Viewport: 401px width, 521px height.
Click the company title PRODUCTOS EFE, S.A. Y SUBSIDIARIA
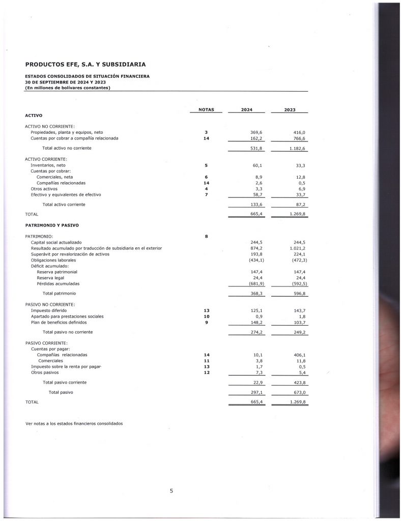(x=85, y=65)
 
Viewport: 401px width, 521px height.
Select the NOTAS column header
(x=206, y=110)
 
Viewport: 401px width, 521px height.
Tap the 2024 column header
(x=247, y=110)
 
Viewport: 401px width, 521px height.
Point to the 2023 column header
(x=290, y=110)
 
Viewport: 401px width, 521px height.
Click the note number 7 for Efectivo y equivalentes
(x=206, y=194)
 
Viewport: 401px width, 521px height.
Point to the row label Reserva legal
(x=50, y=278)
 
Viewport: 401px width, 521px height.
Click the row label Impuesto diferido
(x=48, y=310)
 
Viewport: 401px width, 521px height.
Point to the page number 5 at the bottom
(x=171, y=490)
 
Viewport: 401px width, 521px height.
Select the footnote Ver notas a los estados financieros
(x=74, y=423)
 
